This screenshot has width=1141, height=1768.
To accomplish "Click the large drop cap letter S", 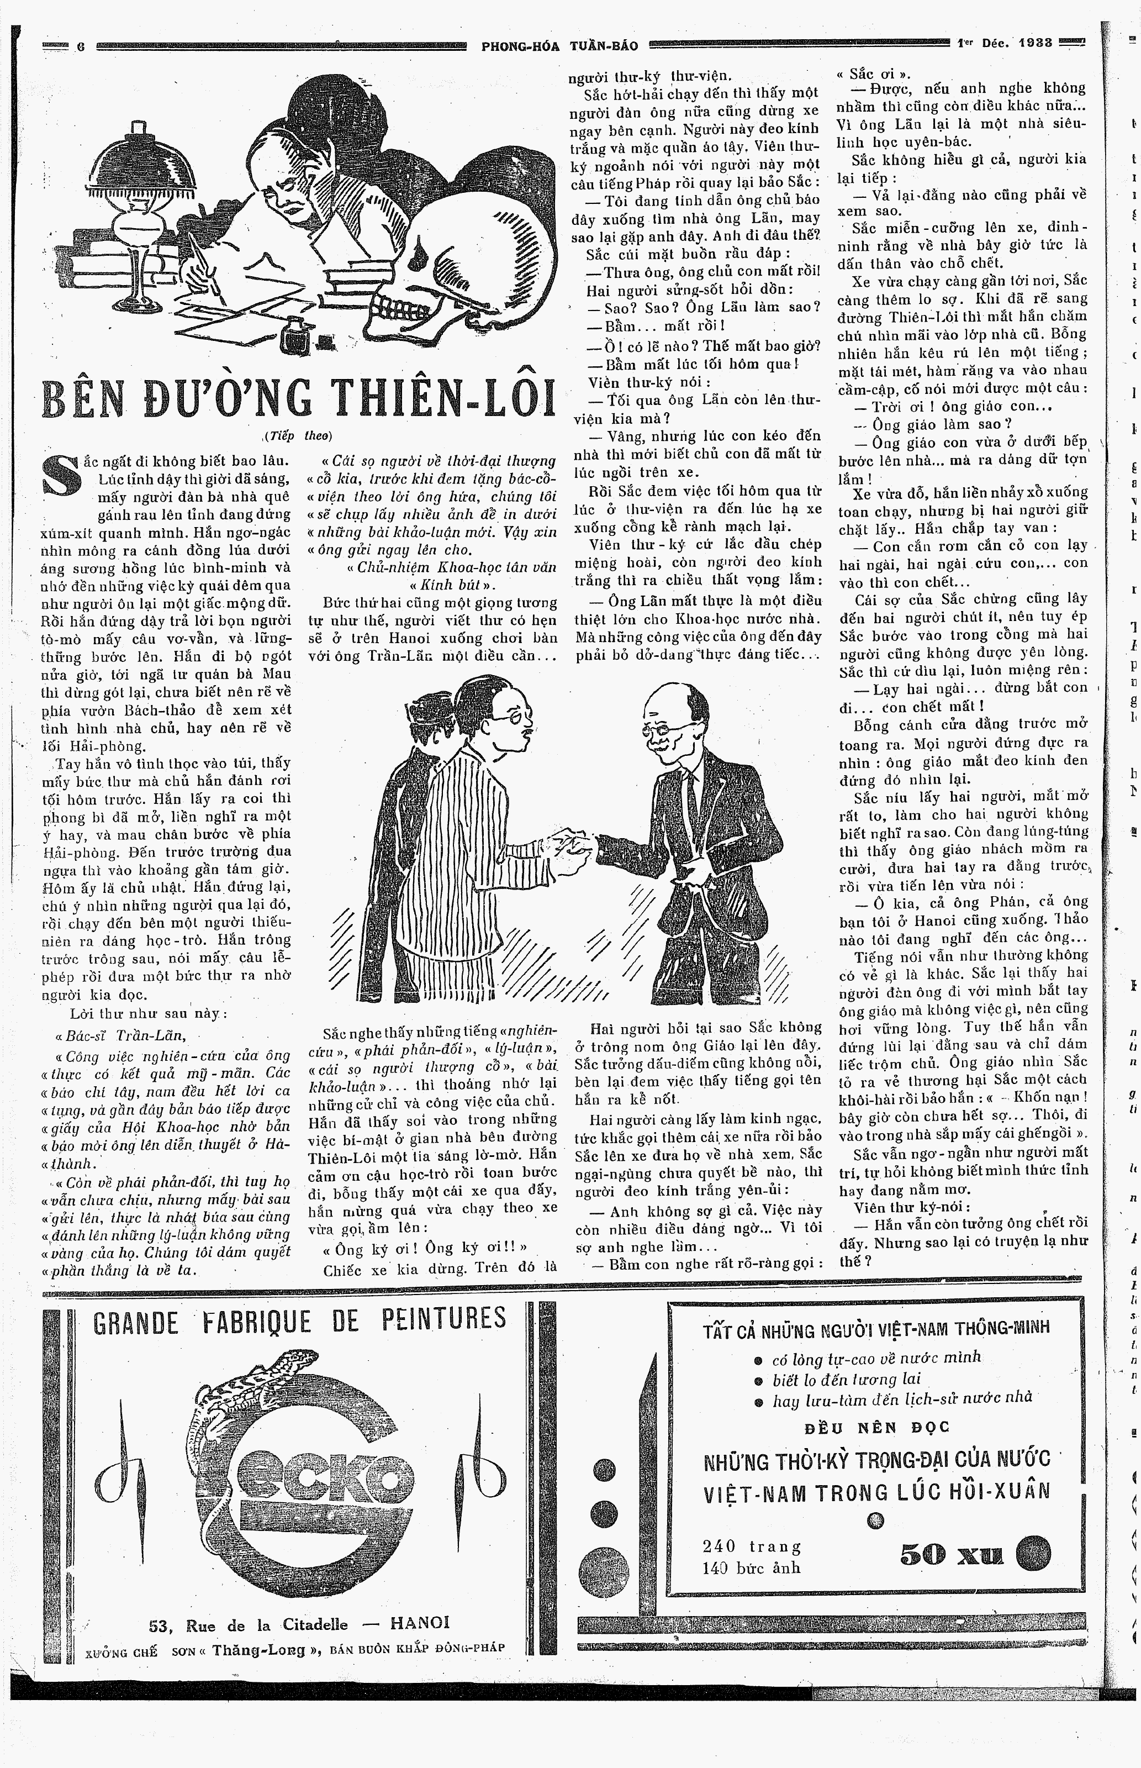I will click(61, 475).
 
